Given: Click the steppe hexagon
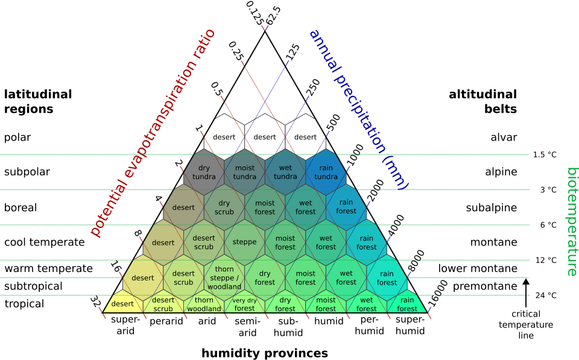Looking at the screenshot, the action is (244, 242).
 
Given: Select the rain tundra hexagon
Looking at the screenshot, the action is (326, 172).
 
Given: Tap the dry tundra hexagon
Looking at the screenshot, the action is (204, 172).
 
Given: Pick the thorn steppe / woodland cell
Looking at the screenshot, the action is (224, 277).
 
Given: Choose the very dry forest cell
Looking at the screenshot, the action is (244, 305).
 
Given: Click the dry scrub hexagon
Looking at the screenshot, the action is (224, 207).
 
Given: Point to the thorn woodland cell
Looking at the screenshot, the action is (204, 305).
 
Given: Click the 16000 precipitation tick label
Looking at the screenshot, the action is (438, 294).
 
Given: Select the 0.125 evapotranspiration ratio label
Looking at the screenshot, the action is (255, 13).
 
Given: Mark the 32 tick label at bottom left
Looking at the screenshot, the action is (95, 302).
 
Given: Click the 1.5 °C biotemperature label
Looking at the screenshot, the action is (545, 155).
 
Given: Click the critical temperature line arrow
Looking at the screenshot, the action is (526, 293).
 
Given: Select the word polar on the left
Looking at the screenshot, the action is (17, 137).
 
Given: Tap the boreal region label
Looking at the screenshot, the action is (21, 207).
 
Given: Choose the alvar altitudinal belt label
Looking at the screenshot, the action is (504, 137).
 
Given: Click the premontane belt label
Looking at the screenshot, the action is (485, 286).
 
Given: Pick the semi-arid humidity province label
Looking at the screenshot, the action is (247, 327).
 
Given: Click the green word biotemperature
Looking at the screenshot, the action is (572, 222).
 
